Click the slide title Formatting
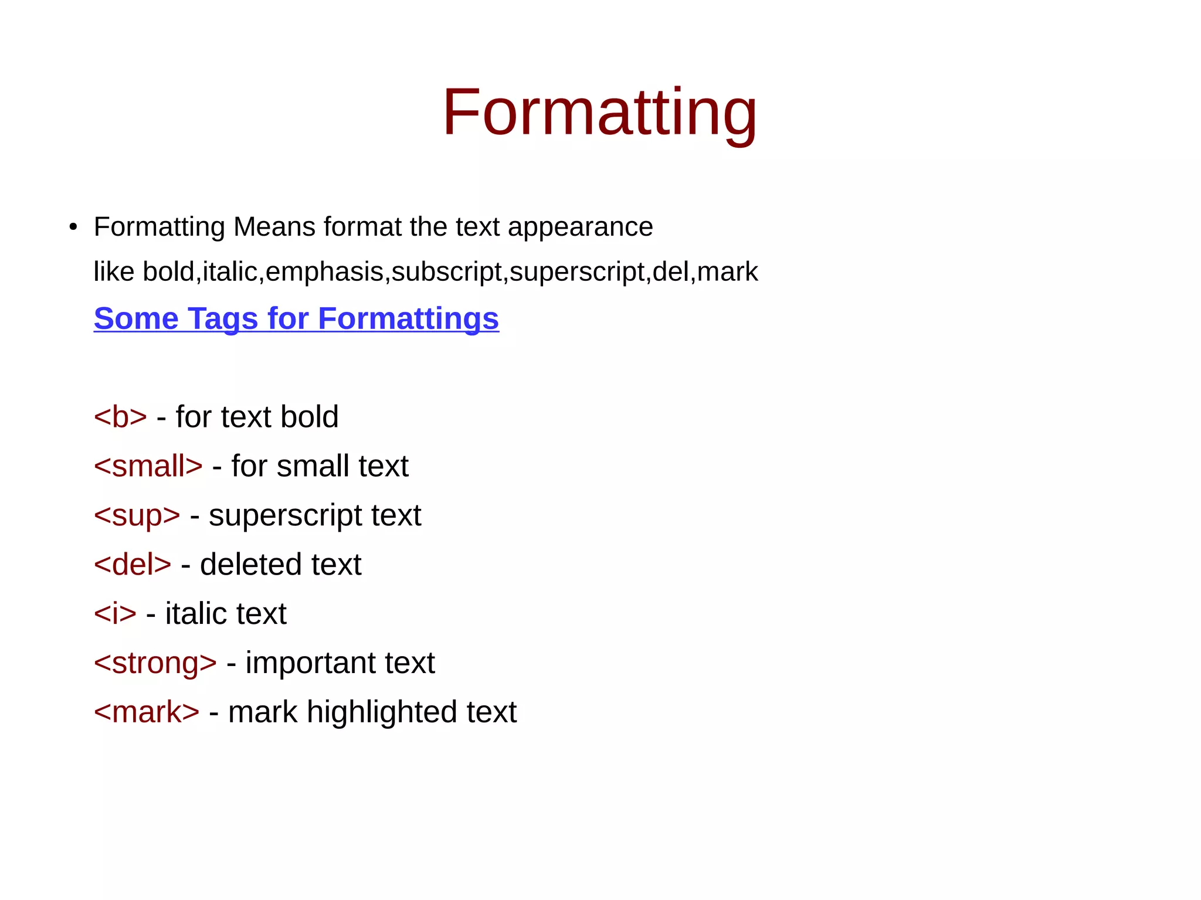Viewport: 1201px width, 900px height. [x=599, y=112]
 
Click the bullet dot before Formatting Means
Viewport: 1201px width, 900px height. [x=73, y=227]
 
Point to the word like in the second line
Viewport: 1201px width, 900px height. [x=114, y=271]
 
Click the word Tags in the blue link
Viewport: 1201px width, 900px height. [x=223, y=319]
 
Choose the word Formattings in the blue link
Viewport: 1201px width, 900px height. [x=408, y=319]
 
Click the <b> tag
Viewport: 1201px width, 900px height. [x=120, y=417]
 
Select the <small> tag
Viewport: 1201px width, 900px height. [x=148, y=466]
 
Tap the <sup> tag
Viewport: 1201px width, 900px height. [x=137, y=516]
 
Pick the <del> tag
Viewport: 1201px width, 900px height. [x=133, y=565]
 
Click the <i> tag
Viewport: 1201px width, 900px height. [x=115, y=614]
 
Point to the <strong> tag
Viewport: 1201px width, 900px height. [x=155, y=663]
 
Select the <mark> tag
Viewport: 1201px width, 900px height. [x=147, y=712]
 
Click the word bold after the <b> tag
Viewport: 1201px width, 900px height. [x=309, y=417]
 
